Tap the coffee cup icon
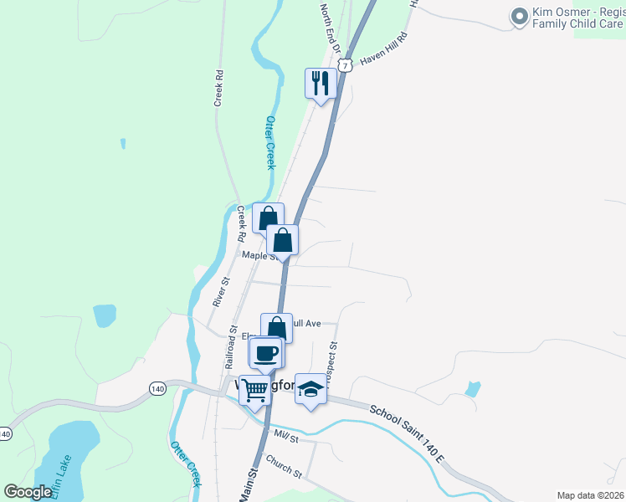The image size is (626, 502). click(266, 353)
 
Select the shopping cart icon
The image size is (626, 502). click(255, 391)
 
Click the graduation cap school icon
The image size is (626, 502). click(310, 388)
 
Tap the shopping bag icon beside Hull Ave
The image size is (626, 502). click(276, 328)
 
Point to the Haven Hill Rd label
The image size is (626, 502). click(383, 49)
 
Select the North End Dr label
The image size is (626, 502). click(329, 27)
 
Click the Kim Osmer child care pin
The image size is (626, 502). click(519, 17)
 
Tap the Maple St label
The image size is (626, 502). click(259, 256)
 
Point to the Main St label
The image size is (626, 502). click(249, 484)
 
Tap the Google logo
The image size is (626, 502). click(28, 492)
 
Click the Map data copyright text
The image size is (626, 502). click(590, 495)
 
